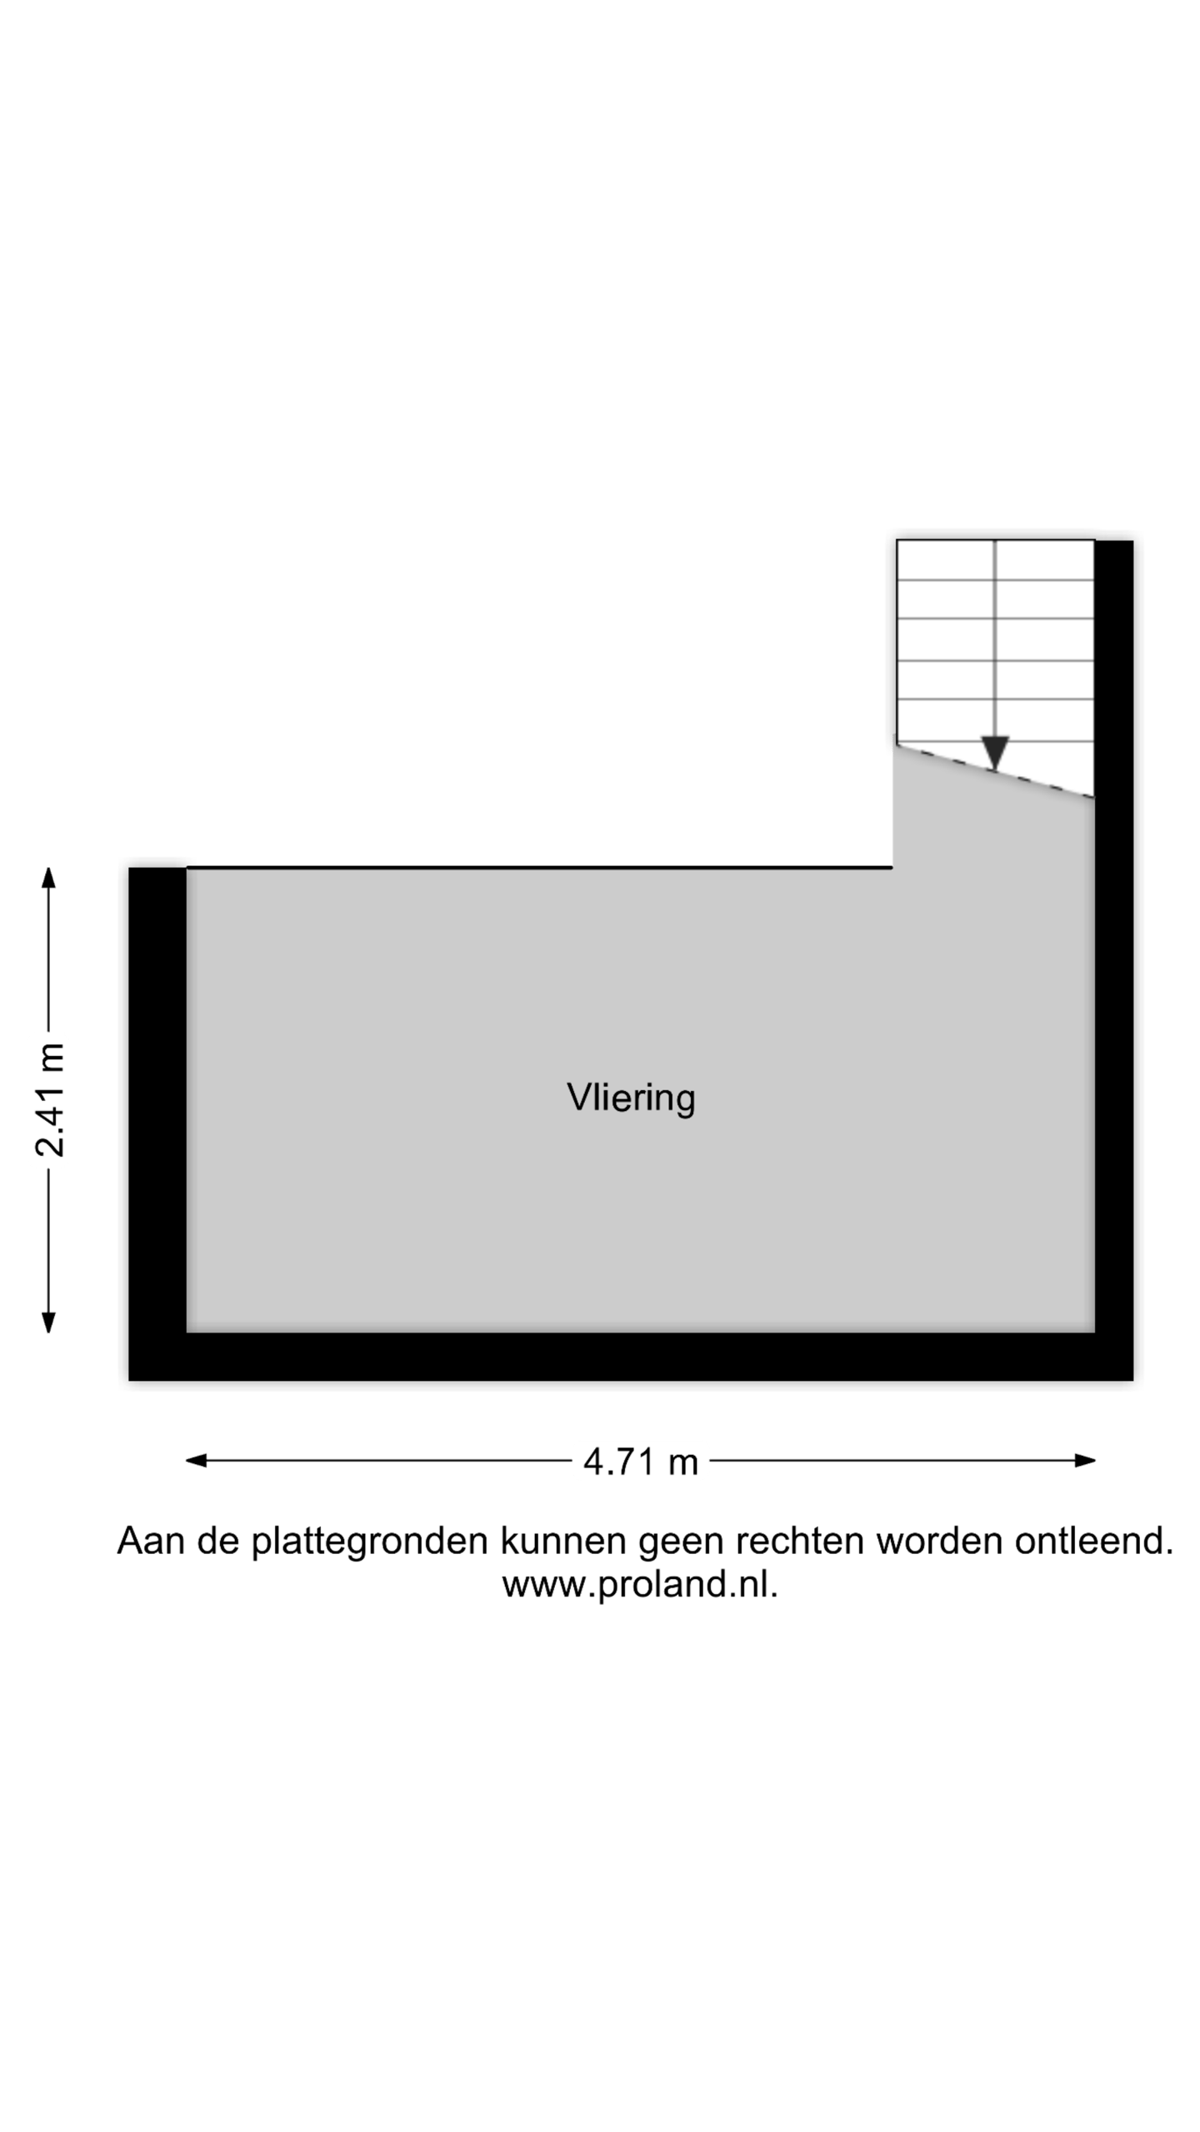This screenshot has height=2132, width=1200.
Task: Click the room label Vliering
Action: click(631, 1098)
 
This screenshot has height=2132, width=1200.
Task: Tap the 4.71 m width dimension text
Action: click(640, 1462)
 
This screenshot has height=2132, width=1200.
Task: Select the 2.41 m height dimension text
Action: click(50, 1099)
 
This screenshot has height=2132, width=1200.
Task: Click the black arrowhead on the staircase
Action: click(995, 753)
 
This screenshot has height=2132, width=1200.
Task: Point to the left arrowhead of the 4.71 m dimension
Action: click(196, 1460)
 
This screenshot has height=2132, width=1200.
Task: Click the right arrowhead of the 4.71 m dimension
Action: click(1085, 1460)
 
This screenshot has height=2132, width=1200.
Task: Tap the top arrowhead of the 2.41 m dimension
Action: click(48, 878)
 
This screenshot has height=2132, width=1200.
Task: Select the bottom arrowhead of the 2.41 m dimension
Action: click(48, 1323)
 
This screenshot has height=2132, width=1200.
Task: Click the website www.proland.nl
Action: click(640, 1584)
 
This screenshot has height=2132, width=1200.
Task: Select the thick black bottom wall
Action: click(631, 1357)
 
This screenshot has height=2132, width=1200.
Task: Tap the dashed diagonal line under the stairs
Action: click(995, 771)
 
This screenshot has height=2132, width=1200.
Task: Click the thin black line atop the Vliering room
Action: click(539, 868)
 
